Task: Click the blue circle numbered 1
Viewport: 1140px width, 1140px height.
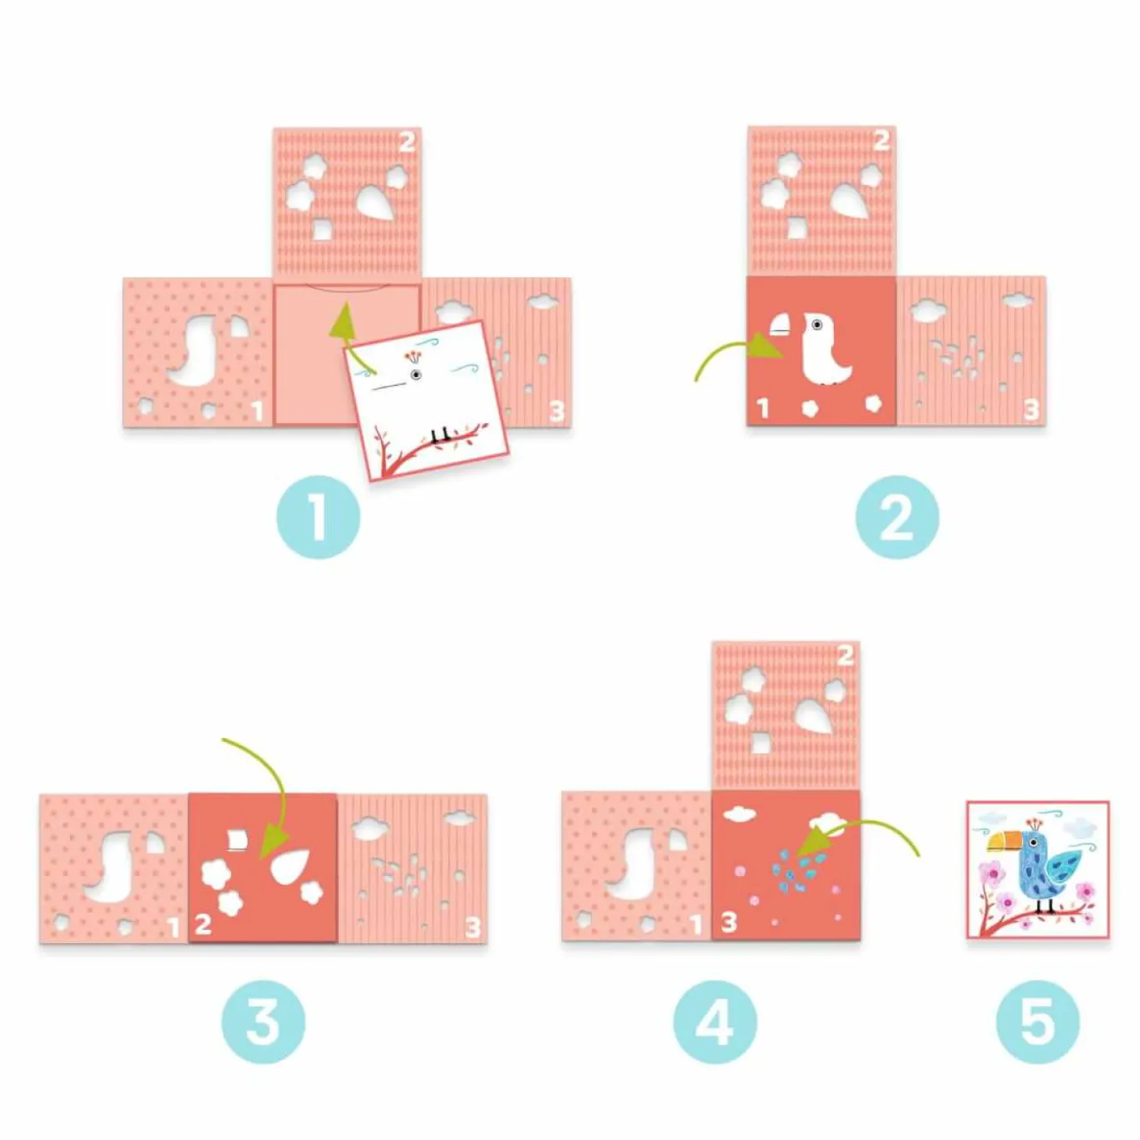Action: tap(319, 516)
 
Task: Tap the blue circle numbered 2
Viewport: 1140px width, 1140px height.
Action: tap(897, 516)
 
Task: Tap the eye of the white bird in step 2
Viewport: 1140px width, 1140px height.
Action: tap(817, 324)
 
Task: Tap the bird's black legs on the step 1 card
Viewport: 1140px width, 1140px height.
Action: tap(439, 436)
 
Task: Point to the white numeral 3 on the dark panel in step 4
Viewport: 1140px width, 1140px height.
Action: tap(729, 922)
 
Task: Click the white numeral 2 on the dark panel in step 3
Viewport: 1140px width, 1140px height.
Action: tap(203, 924)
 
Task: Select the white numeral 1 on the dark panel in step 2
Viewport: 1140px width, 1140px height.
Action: tap(763, 408)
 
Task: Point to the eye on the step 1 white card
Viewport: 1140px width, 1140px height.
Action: tap(417, 375)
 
